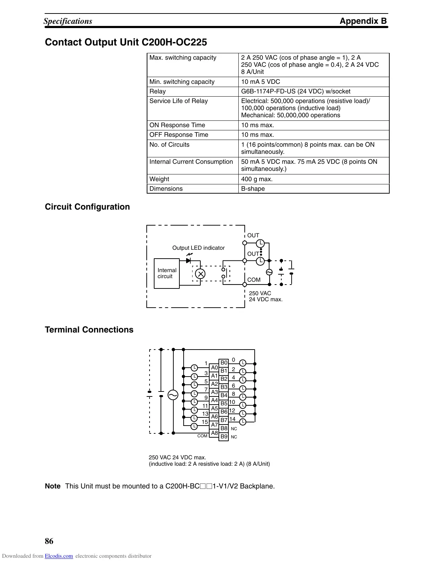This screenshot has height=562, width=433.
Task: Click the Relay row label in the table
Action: click(157, 91)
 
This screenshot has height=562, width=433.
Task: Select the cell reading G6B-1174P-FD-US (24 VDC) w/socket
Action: click(296, 91)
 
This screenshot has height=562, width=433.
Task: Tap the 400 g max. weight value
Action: click(257, 179)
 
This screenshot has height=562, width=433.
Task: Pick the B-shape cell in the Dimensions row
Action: click(253, 189)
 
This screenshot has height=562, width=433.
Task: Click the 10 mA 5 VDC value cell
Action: click(260, 82)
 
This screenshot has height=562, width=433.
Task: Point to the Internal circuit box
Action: click(167, 273)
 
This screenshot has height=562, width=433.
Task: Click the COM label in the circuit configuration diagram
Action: click(254, 280)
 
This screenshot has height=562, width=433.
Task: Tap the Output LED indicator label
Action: click(198, 248)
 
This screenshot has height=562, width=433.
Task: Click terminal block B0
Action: click(224, 363)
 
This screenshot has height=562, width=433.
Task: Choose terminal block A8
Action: click(214, 433)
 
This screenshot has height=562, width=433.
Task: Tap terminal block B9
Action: click(224, 437)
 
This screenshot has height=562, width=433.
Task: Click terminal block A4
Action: click(214, 400)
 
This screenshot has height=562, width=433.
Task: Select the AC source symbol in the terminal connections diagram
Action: click(173, 395)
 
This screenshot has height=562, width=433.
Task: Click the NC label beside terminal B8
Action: click(234, 429)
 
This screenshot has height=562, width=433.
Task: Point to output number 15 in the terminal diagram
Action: click(205, 422)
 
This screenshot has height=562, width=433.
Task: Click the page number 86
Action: click(49, 541)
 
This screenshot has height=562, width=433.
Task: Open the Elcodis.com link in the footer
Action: click(59, 556)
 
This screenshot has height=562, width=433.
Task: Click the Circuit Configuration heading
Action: click(87, 207)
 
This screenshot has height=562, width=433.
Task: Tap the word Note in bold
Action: click(53, 486)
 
